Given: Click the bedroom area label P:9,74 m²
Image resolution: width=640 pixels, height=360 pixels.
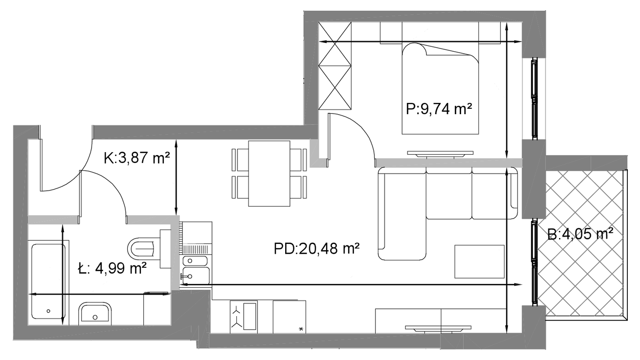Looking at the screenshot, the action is click(x=439, y=109).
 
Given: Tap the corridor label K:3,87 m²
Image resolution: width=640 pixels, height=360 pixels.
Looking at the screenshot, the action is click(x=137, y=158).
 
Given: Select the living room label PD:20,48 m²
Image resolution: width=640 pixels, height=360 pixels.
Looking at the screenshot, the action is click(x=316, y=248).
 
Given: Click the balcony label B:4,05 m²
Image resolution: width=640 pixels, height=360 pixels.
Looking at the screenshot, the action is click(x=581, y=235).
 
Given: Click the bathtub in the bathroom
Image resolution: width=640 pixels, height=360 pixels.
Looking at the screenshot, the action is click(x=48, y=281).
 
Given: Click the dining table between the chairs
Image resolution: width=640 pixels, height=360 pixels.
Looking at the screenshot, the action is click(x=269, y=173).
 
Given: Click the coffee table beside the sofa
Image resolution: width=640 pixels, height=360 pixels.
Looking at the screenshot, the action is click(x=480, y=261).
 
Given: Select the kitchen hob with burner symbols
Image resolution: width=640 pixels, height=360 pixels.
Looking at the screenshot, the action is click(x=244, y=317).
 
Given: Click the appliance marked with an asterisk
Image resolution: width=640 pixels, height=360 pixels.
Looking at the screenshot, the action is click(x=289, y=317).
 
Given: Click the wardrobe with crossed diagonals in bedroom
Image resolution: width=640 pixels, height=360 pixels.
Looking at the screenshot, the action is click(x=335, y=66).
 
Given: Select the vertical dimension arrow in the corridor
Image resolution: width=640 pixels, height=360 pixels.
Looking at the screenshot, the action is click(x=176, y=177).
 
